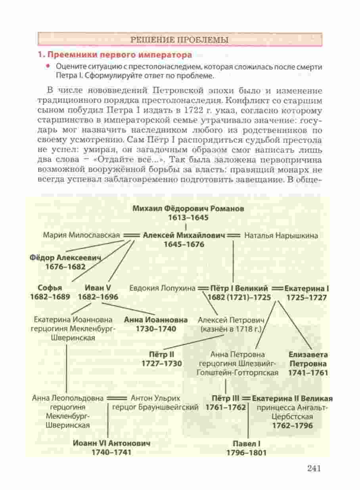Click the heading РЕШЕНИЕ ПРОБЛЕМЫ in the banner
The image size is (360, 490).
pyautogui.click(x=179, y=40)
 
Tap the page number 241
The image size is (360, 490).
pyautogui.click(x=313, y=468)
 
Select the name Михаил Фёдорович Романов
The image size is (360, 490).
pyautogui.click(x=188, y=208)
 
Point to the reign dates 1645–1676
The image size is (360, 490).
pyautogui.click(x=184, y=244)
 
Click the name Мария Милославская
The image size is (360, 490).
pyautogui.click(x=82, y=235)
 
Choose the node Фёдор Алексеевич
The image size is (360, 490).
pyautogui.click(x=65, y=257)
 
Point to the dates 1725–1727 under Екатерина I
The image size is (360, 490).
pyautogui.click(x=306, y=297)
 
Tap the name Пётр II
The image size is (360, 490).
pyautogui.click(x=161, y=354)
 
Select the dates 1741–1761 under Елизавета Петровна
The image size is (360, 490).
pyautogui.click(x=308, y=373)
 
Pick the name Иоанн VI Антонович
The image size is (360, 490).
pyautogui.click(x=111, y=443)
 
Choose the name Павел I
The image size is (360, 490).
pyautogui.click(x=246, y=443)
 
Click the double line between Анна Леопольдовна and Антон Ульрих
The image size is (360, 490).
pyautogui.click(x=117, y=398)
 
